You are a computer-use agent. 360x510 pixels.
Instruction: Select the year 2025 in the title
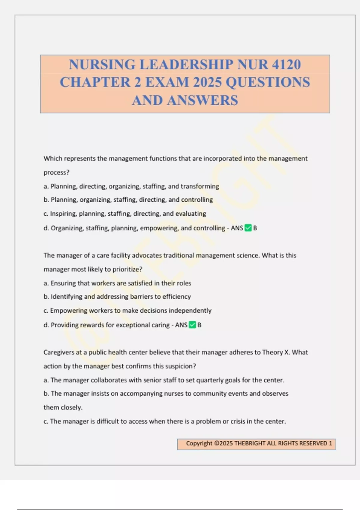[x=207, y=82]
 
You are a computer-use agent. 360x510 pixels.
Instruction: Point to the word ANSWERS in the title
[x=202, y=100]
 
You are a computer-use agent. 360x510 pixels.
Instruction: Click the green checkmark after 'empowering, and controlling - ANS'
[x=248, y=228]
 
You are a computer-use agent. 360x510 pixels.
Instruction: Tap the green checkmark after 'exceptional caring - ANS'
[x=192, y=325]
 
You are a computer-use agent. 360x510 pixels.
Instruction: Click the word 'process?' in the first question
[x=56, y=172]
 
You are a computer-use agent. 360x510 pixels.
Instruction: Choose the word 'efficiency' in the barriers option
[x=176, y=297]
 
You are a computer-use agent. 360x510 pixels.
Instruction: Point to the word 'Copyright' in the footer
[x=199, y=443]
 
